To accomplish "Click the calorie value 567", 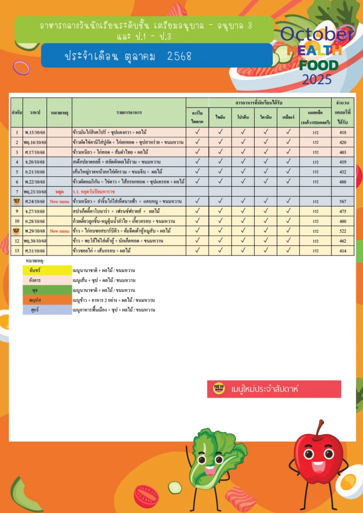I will point(343,201).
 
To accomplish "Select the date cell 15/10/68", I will point(35,133).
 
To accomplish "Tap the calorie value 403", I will point(343,152).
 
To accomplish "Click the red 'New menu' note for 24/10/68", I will point(59,201).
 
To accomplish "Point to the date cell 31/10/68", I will point(35,250).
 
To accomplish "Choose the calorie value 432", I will point(343,172).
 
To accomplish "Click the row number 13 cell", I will point(17,250).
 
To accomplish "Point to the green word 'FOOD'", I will point(319,66).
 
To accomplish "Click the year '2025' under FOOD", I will point(317,79).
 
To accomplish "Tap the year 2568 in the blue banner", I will point(179,56).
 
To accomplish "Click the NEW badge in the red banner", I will point(219,389).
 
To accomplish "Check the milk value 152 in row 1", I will point(315,133).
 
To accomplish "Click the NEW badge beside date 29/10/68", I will point(17,231).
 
